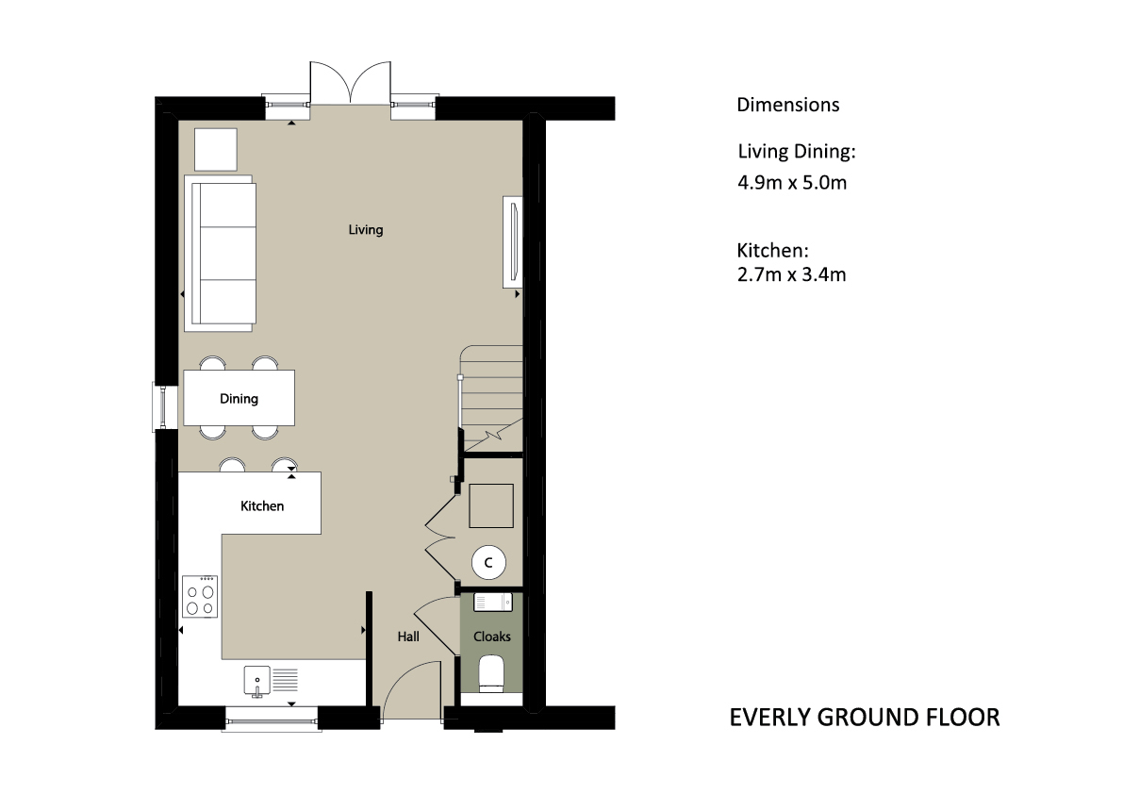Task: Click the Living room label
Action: pyautogui.click(x=365, y=230)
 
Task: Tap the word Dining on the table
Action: pyautogui.click(x=239, y=399)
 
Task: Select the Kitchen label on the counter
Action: pyautogui.click(x=262, y=506)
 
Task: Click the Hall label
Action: pyautogui.click(x=408, y=636)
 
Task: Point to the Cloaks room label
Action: pyautogui.click(x=492, y=636)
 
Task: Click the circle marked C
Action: pyautogui.click(x=488, y=563)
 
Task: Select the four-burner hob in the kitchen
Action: pyautogui.click(x=200, y=596)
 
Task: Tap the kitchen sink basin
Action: pyautogui.click(x=256, y=680)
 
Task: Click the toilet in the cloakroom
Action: pyautogui.click(x=491, y=674)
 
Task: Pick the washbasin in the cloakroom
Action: pyautogui.click(x=493, y=603)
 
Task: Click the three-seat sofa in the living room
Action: pyautogui.click(x=220, y=254)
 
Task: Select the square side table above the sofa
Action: pyautogui.click(x=216, y=150)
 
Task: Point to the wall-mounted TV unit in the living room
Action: pyautogui.click(x=513, y=241)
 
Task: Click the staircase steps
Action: pyautogui.click(x=491, y=398)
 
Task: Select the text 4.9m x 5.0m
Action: pyautogui.click(x=792, y=183)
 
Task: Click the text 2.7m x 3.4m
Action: pyautogui.click(x=791, y=274)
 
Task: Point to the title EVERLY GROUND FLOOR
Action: pyautogui.click(x=865, y=718)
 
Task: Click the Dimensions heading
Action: pyautogui.click(x=788, y=105)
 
